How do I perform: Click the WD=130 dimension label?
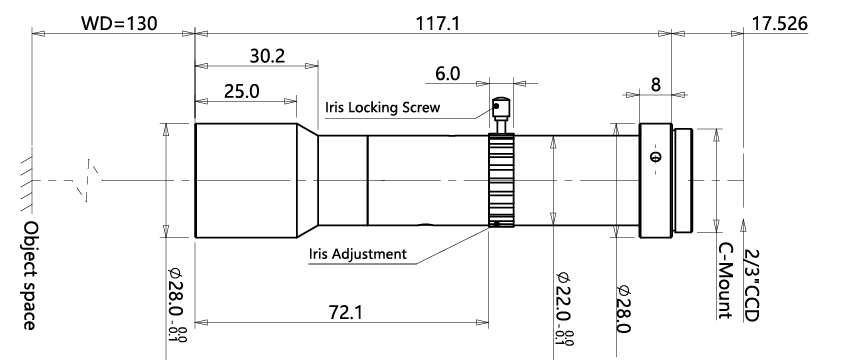pyautogui.click(x=119, y=24)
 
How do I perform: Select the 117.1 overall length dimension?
pyautogui.click(x=438, y=24)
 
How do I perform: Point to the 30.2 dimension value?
pyautogui.click(x=267, y=56)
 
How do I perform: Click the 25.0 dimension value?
pyautogui.click(x=242, y=91)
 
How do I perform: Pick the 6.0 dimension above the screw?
pyautogui.click(x=448, y=74)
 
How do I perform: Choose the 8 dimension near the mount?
pyautogui.click(x=656, y=85)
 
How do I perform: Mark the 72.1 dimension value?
pyautogui.click(x=346, y=312)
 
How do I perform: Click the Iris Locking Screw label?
pyautogui.click(x=382, y=107)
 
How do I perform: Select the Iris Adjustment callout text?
pyautogui.click(x=357, y=254)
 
